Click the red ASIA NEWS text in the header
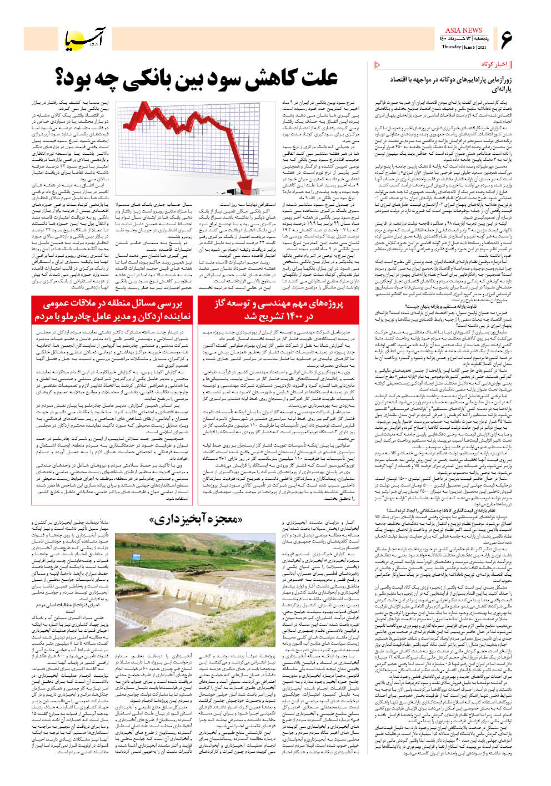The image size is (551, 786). point(464,31)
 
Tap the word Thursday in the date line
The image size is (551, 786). point(452,48)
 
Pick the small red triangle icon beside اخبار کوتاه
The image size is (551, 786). point(378,64)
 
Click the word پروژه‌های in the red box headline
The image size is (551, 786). point(327,303)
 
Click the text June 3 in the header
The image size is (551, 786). point(468,48)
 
